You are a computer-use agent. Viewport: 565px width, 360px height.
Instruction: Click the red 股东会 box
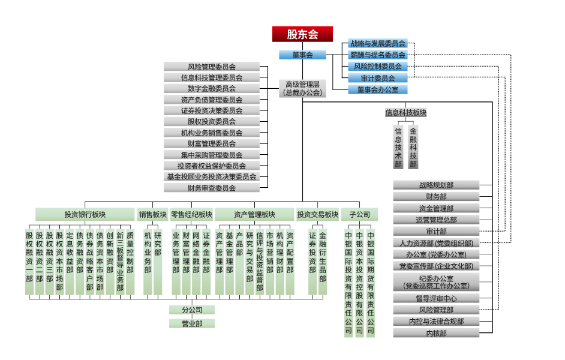tap(302, 34)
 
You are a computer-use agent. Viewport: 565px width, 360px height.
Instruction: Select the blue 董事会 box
tap(302, 55)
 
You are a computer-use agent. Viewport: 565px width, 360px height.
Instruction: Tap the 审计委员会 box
tap(378, 78)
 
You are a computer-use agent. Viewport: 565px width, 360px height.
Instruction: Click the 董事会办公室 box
tap(378, 89)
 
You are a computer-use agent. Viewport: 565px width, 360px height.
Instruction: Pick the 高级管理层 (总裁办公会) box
tap(303, 88)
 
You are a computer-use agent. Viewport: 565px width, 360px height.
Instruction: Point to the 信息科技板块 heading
tap(405, 112)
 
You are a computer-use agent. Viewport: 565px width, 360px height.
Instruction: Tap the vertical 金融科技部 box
tap(413, 147)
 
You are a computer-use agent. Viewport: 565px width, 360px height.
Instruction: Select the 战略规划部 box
tap(436, 185)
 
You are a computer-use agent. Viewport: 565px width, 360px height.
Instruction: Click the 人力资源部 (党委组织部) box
tap(436, 243)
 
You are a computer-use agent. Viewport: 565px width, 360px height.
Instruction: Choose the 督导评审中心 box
tap(436, 298)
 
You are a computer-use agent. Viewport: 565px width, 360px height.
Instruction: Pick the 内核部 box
tap(436, 333)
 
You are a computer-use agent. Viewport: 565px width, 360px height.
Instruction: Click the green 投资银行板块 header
tap(85, 215)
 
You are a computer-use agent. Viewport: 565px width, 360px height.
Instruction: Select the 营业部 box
tap(191, 323)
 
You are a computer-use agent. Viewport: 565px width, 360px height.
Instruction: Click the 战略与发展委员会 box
tap(378, 43)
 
